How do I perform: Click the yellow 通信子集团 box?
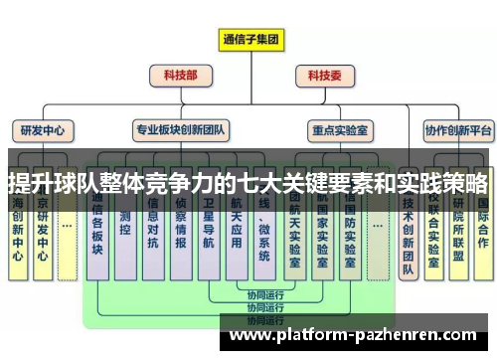[x=250, y=41]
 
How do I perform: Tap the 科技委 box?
[x=324, y=75]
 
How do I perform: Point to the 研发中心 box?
[x=43, y=129]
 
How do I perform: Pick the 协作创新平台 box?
[x=458, y=129]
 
